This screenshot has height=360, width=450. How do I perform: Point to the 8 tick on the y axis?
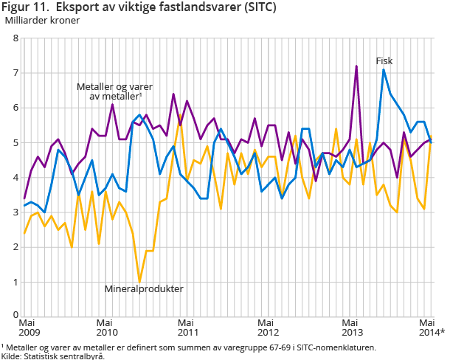pos(15,38)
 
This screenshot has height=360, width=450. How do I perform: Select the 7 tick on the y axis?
pos(15,73)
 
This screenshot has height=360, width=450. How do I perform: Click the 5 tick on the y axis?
pos(15,142)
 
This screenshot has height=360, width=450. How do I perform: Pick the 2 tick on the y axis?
pos(15,247)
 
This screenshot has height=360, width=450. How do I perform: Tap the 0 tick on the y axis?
pos(15,316)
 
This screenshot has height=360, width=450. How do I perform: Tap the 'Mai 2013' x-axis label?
pos(351,327)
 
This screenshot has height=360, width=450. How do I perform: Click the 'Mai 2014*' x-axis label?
pos(432,327)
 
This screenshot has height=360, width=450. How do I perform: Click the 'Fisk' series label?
pos(384,60)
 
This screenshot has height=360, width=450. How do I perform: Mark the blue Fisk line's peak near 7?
pos(384,70)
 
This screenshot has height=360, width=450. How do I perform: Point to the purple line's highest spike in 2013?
pos(356,66)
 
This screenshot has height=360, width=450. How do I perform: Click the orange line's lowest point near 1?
pos(139,282)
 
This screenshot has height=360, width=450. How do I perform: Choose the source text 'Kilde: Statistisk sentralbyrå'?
pos(52,356)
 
